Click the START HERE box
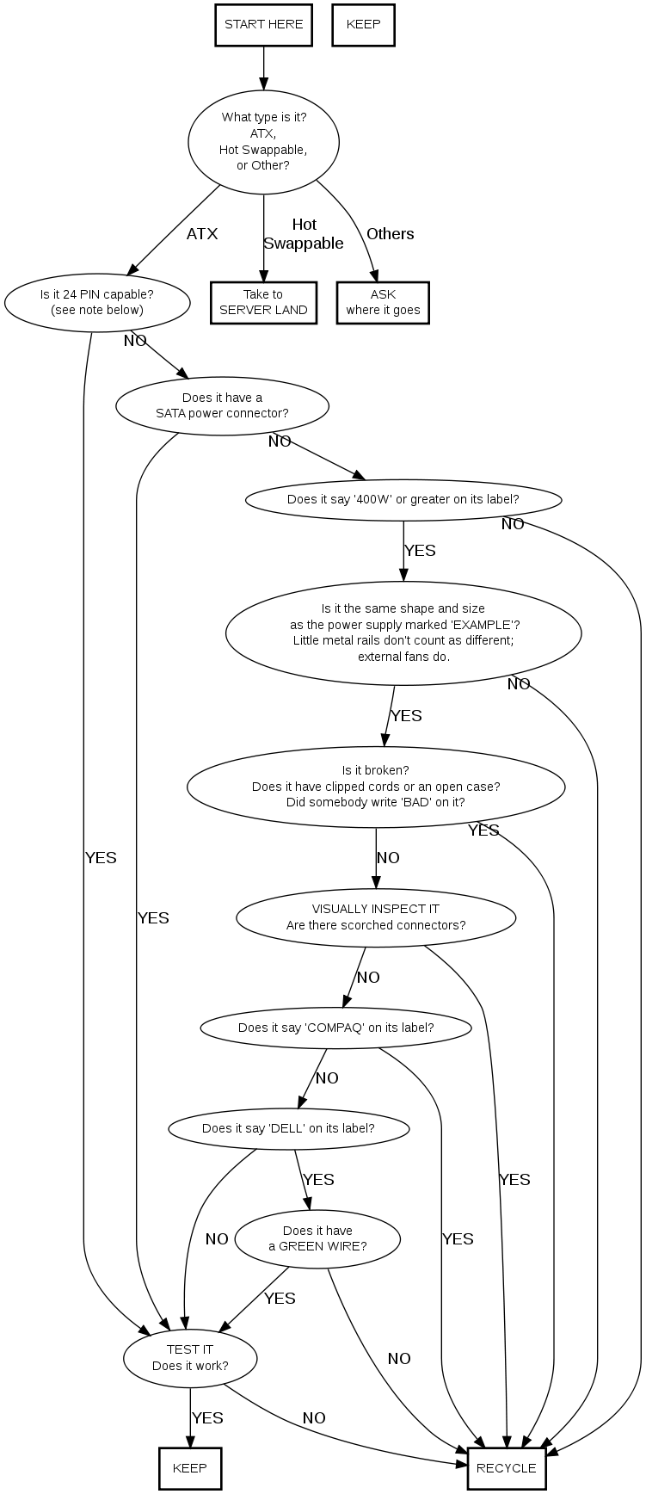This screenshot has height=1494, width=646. point(263,25)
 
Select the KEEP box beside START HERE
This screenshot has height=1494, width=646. point(363,25)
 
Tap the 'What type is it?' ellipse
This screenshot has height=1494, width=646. point(263,141)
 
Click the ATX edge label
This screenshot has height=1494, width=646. point(202,234)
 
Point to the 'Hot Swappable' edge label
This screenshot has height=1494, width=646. point(304,235)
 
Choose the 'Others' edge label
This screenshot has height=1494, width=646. point(390,234)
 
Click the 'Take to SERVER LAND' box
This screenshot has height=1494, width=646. point(263,302)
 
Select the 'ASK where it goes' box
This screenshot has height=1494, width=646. point(383,302)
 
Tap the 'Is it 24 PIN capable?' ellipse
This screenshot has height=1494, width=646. point(97,302)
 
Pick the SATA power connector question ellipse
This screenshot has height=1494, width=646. point(222,404)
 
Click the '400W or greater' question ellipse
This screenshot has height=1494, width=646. point(403,499)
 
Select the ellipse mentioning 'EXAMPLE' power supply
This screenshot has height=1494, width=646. point(403,633)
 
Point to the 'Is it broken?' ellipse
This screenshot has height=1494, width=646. point(376,786)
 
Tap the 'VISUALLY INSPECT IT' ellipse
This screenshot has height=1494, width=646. point(376,917)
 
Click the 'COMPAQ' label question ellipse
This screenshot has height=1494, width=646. point(335,1028)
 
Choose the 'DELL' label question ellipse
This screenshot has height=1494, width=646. point(288,1128)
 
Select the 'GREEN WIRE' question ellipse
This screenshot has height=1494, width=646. point(317,1238)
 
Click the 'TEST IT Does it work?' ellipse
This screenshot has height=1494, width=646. point(190,1357)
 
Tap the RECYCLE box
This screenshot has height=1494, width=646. point(506,1468)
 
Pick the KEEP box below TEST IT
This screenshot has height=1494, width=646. point(190,1468)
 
